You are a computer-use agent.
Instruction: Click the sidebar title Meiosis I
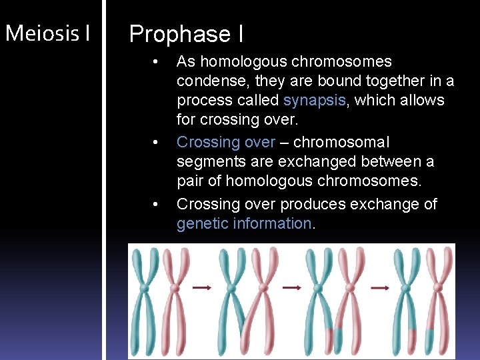47,33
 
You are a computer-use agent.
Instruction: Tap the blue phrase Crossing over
225,142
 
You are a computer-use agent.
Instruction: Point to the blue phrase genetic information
244,223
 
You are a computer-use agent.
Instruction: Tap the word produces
312,204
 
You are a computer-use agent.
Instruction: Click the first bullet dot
155,62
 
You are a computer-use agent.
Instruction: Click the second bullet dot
155,143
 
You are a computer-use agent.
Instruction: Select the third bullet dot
155,205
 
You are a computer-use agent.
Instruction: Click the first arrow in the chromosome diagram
201,288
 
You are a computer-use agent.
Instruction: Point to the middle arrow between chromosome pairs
291,288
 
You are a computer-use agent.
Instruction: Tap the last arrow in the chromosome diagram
379,288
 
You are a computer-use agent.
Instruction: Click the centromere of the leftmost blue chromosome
143,288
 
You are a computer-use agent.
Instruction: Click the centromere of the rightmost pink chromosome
438,288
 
